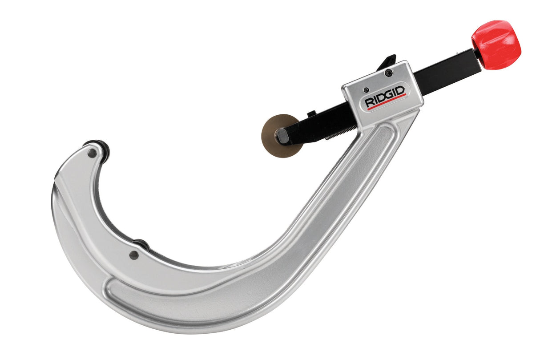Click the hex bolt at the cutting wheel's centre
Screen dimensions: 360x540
coord(282,135)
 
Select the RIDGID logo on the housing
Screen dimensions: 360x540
coord(385,97)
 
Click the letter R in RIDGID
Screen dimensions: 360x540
coord(369,103)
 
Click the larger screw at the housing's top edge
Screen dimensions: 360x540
coord(389,73)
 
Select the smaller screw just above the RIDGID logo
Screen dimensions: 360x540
coord(366,90)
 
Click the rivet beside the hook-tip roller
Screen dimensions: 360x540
coord(92,153)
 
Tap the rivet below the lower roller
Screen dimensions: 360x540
coord(133,255)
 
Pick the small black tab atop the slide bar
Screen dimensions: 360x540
coord(311,114)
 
